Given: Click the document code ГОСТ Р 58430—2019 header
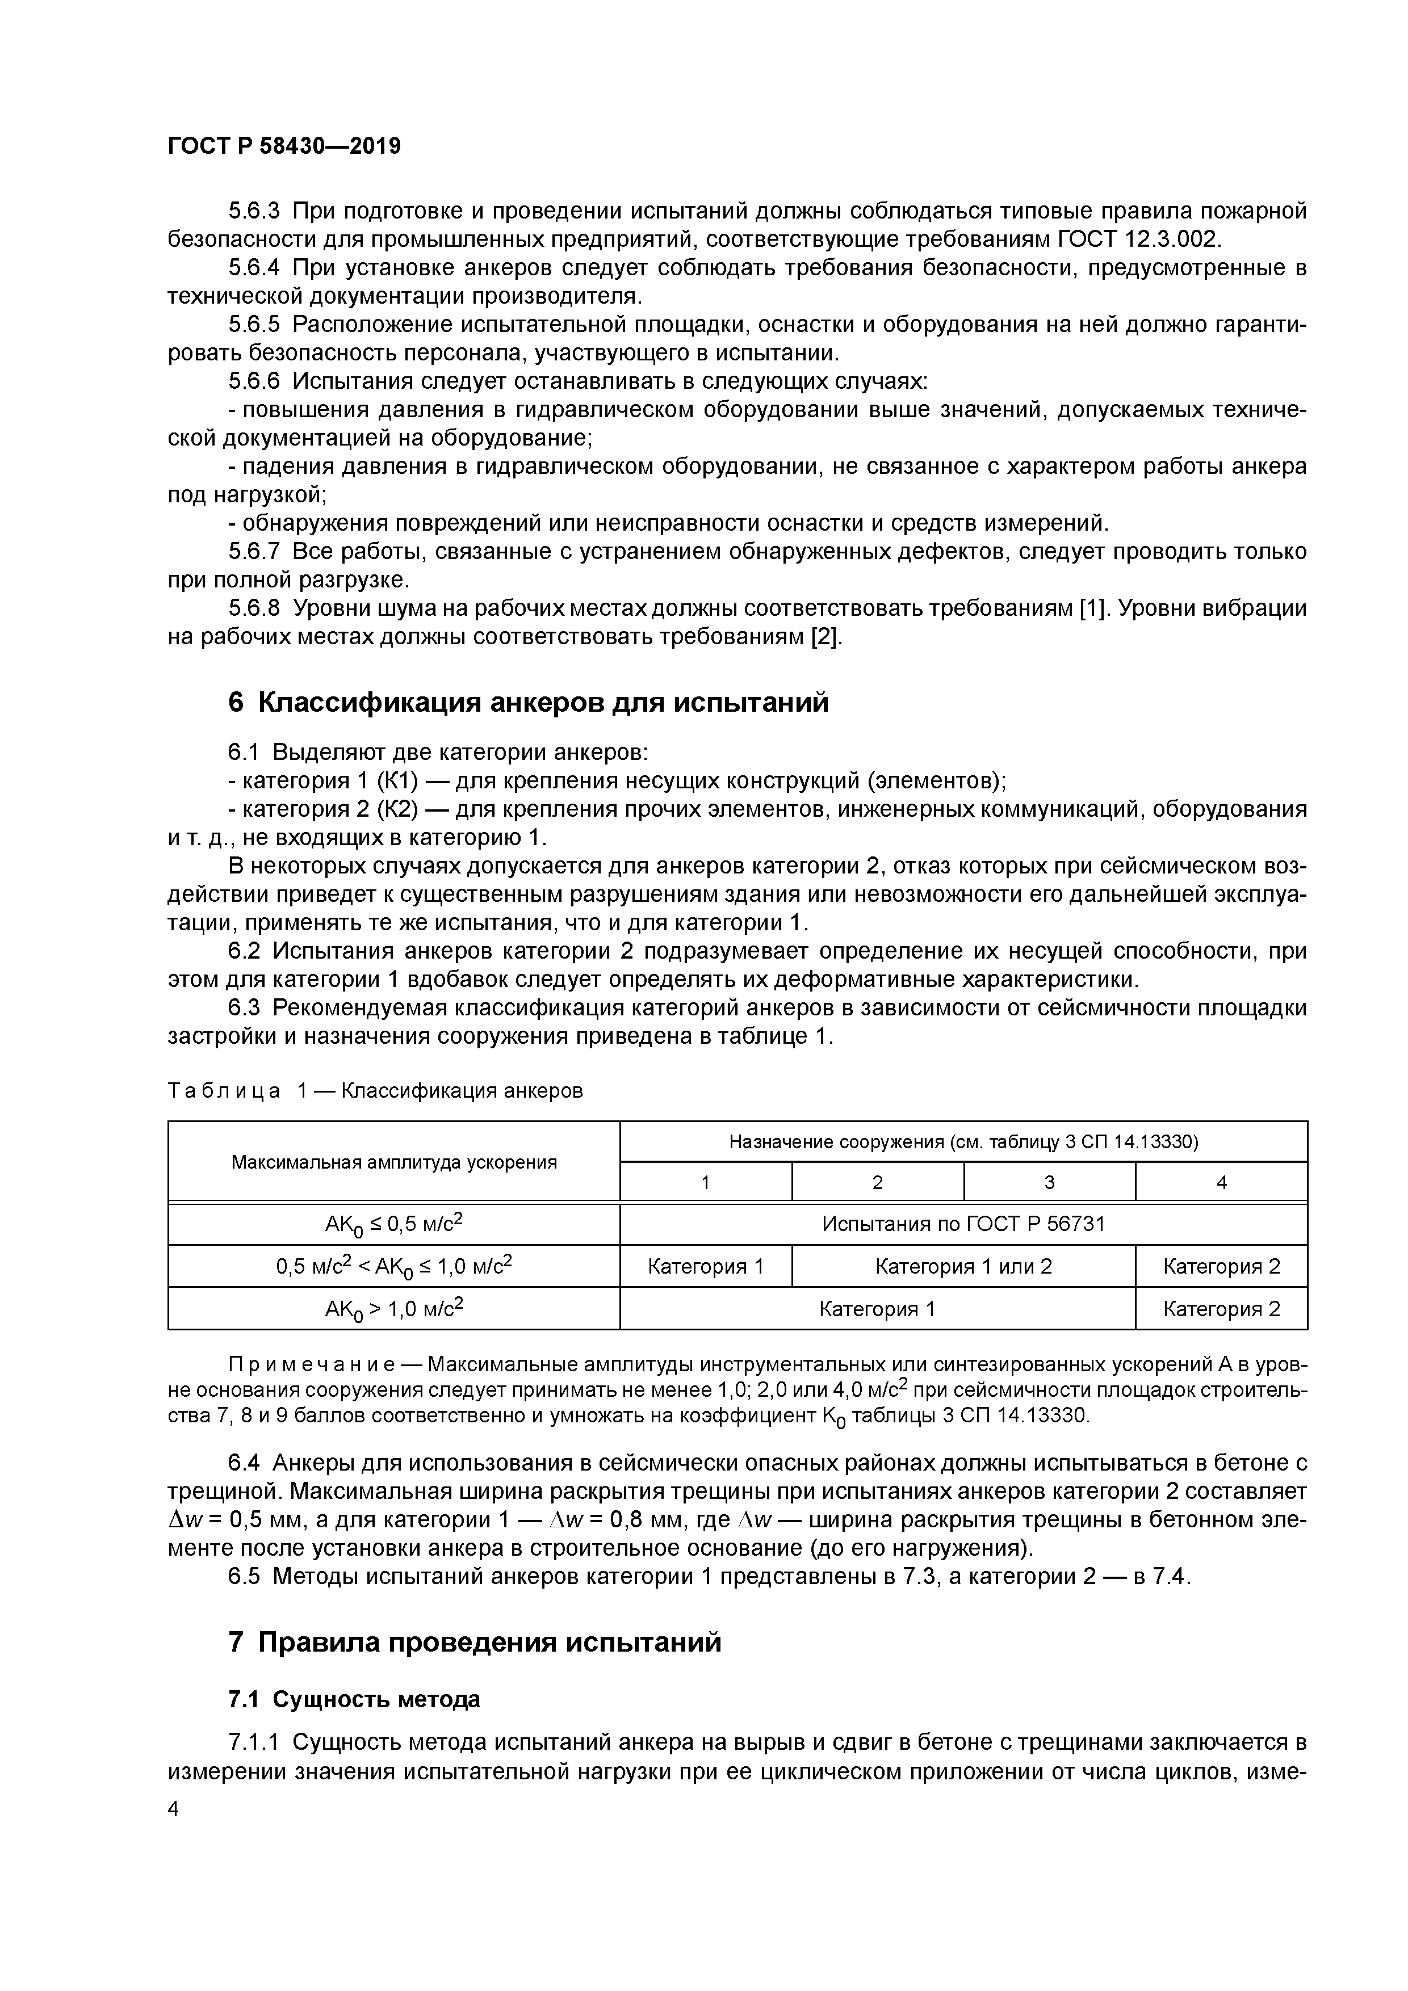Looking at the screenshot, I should tap(284, 146).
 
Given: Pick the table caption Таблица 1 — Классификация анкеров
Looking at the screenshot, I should tap(375, 1090).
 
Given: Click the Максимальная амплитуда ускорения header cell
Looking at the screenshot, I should tap(394, 1162).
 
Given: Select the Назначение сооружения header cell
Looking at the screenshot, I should tap(963, 1142).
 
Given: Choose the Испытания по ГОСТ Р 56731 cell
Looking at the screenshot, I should tap(963, 1224).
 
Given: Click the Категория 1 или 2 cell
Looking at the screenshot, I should tap(963, 1266).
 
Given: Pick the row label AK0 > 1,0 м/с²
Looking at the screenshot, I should tap(394, 1308).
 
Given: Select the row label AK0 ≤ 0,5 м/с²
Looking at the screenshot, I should tap(394, 1224).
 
